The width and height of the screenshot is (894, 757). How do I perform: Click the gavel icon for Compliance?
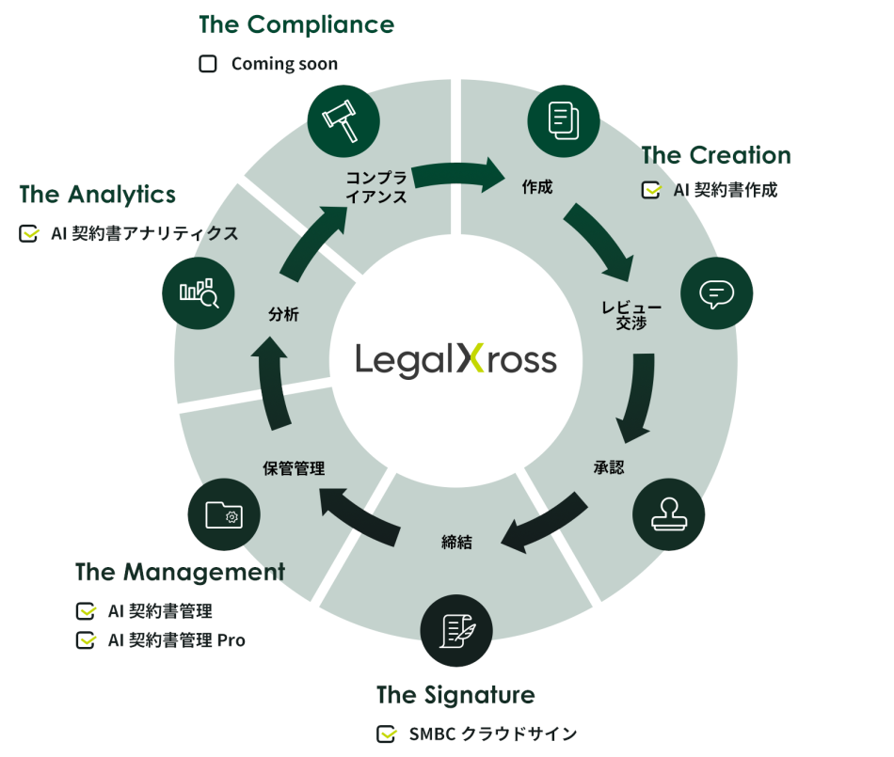tap(343, 119)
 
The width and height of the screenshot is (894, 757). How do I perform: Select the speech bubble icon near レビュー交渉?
tap(716, 293)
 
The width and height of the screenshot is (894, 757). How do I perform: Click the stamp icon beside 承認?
tap(668, 515)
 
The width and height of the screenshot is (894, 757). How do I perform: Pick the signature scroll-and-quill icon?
tap(455, 628)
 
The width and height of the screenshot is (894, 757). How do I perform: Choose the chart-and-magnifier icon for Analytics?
tap(199, 292)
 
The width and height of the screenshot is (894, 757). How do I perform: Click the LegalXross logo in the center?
tap(455, 360)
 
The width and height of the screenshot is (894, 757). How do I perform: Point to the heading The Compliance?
tap(296, 24)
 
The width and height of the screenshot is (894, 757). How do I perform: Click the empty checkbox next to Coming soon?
tap(208, 64)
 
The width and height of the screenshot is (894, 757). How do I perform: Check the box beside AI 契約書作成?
tap(651, 190)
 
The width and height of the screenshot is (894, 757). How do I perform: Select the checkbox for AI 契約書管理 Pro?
tap(86, 640)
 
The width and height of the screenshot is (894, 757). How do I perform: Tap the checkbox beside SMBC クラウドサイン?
tap(386, 734)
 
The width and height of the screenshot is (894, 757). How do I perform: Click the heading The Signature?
tap(455, 695)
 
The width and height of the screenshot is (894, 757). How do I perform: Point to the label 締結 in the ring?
tap(456, 542)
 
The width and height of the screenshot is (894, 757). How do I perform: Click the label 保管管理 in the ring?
tap(294, 467)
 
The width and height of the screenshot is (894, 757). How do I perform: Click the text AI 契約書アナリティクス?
tap(144, 233)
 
